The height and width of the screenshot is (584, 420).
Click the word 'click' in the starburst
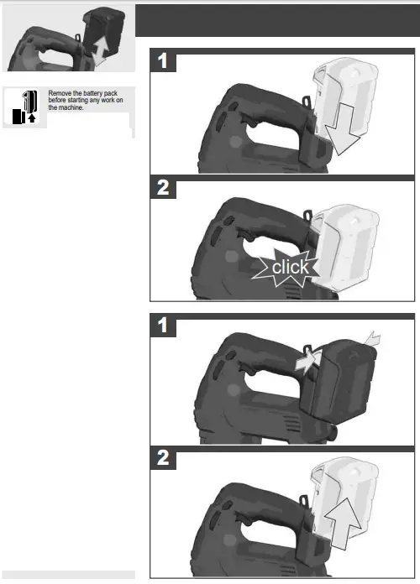point(290,269)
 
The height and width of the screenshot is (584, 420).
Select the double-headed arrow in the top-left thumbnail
point(100,50)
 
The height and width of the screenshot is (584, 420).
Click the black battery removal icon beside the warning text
point(24,107)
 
